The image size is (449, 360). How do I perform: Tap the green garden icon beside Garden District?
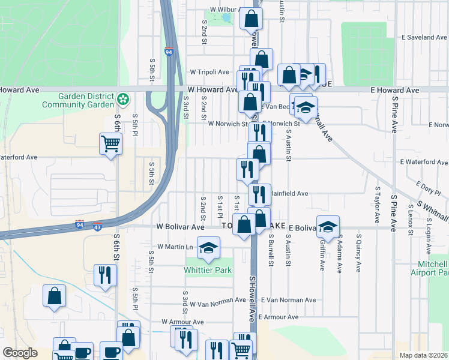click(x=124, y=98)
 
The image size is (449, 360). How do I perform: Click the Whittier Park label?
click(x=208, y=271)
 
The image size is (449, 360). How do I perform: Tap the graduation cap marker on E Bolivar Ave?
click(x=328, y=226)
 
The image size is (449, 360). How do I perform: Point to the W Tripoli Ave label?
click(x=209, y=72)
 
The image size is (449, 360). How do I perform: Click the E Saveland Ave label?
click(x=424, y=37)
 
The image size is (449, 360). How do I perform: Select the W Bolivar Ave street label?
click(x=181, y=227)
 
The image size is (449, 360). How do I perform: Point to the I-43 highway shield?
click(x=98, y=227)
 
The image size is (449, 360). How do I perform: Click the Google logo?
click(x=20, y=353)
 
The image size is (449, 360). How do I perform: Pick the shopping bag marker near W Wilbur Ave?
click(x=251, y=19)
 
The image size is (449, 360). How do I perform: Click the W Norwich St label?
click(x=228, y=124)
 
